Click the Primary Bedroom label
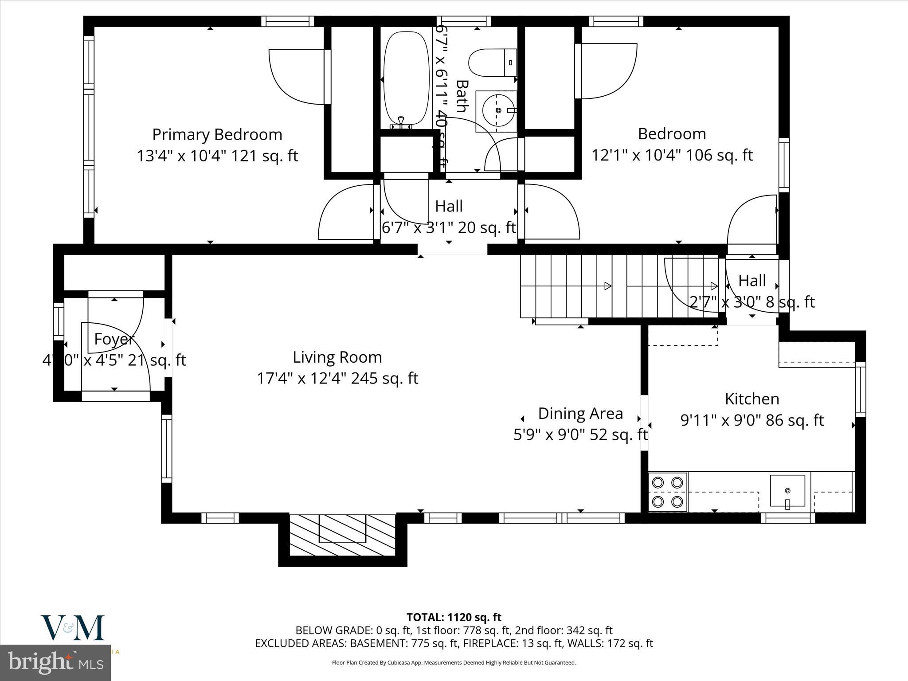[x=217, y=134]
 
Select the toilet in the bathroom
[x=492, y=63]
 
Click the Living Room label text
[x=337, y=357]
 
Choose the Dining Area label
[x=580, y=414]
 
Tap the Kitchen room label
[x=752, y=399]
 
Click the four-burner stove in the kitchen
[x=668, y=492]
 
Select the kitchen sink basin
[x=787, y=490]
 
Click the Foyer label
[x=114, y=339]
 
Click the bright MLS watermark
[x=55, y=663]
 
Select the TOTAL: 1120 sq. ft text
[x=454, y=617]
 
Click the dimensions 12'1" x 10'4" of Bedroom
[x=672, y=156]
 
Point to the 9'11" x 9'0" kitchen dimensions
[x=752, y=420]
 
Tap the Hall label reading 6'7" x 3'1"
[x=449, y=228]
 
